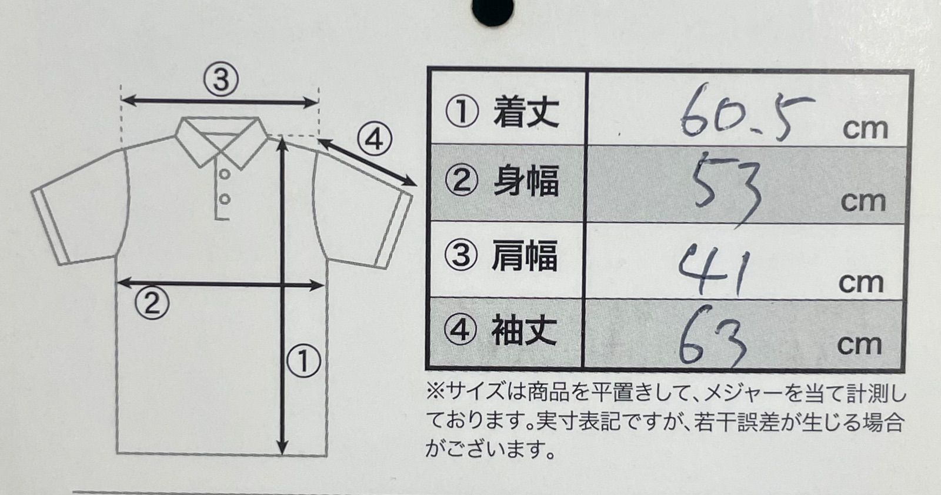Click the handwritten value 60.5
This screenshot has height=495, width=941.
746,112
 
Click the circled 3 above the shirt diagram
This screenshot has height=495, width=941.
221,79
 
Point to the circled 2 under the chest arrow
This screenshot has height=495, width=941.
152,304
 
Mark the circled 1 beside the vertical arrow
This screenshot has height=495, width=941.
303,360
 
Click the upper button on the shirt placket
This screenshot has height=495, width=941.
224,174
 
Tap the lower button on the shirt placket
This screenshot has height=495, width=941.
224,200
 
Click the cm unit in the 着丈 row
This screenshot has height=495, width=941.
865,129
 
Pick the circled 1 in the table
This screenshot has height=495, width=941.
462,112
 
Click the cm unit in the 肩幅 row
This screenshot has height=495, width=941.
861,283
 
